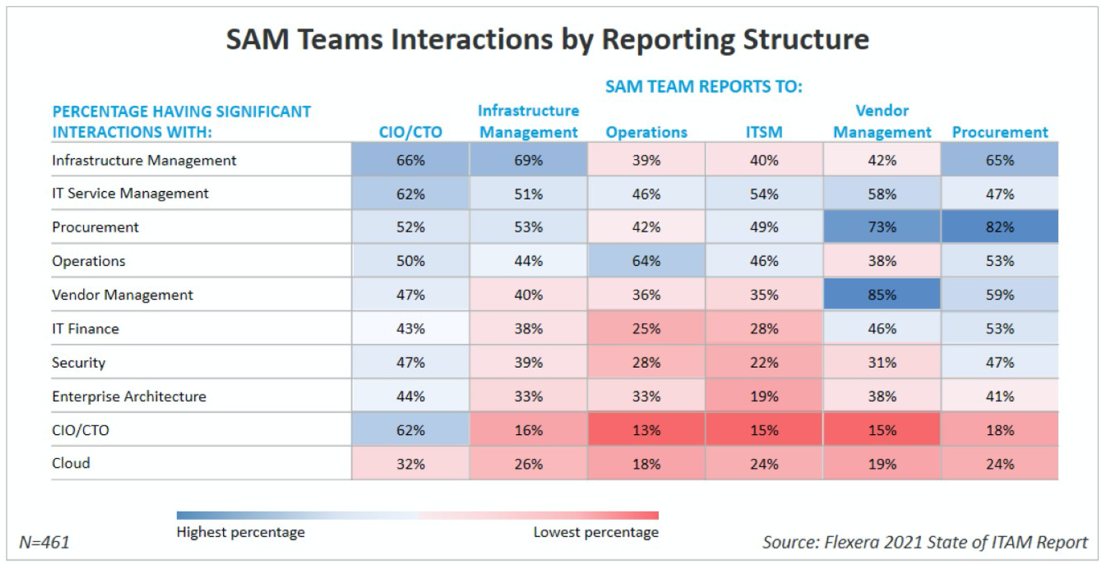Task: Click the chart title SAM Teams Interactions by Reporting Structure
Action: point(547,39)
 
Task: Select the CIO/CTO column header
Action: point(410,132)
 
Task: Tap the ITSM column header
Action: point(763,132)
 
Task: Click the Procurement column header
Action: point(999,132)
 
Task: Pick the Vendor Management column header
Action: point(881,121)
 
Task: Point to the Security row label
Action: point(78,362)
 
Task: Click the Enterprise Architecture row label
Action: point(129,396)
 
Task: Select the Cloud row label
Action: point(71,463)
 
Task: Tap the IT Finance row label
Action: point(85,329)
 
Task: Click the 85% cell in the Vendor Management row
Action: point(881,295)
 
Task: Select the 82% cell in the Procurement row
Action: point(999,227)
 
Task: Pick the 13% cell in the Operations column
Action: point(646,430)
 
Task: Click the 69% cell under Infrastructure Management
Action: point(528,160)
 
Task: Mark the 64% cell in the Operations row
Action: point(646,261)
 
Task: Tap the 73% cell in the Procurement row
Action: point(881,227)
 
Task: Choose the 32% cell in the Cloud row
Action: point(410,464)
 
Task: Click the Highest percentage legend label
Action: point(240,532)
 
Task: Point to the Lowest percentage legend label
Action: point(596,532)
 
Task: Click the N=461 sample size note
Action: point(45,541)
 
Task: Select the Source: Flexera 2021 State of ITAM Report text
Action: point(924,541)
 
